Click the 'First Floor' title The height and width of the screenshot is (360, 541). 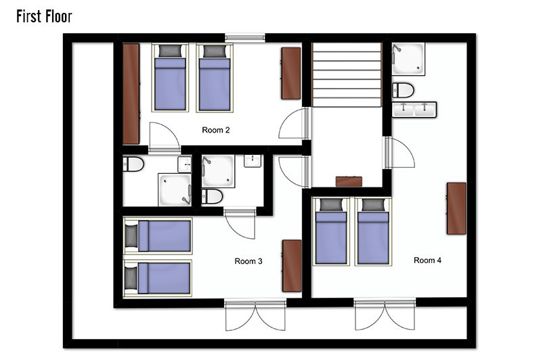point(44,16)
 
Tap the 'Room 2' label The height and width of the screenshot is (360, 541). point(215,130)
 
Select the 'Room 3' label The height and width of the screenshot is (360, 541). point(248,261)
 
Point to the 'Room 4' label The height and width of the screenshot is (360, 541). point(427,260)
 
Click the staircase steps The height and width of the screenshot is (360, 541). point(347,74)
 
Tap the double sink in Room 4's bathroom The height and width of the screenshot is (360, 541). point(414,110)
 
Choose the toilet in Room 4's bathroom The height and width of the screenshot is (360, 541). point(403,90)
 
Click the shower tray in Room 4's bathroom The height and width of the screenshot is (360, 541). point(408,59)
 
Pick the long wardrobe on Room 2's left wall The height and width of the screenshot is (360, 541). point(131,93)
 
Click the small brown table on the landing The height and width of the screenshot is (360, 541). point(349,181)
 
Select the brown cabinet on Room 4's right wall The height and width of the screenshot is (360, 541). point(456,208)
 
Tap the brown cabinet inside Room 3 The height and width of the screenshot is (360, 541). point(292,266)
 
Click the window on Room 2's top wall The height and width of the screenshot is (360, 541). point(245,38)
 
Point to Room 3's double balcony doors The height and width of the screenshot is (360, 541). point(255,315)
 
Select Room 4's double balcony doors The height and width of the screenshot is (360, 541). point(385,315)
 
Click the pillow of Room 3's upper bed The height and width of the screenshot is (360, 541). point(131,236)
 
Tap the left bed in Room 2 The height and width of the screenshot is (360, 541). point(170,77)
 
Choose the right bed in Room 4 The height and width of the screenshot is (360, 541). point(373,231)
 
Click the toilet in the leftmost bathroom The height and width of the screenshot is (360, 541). point(133,164)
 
